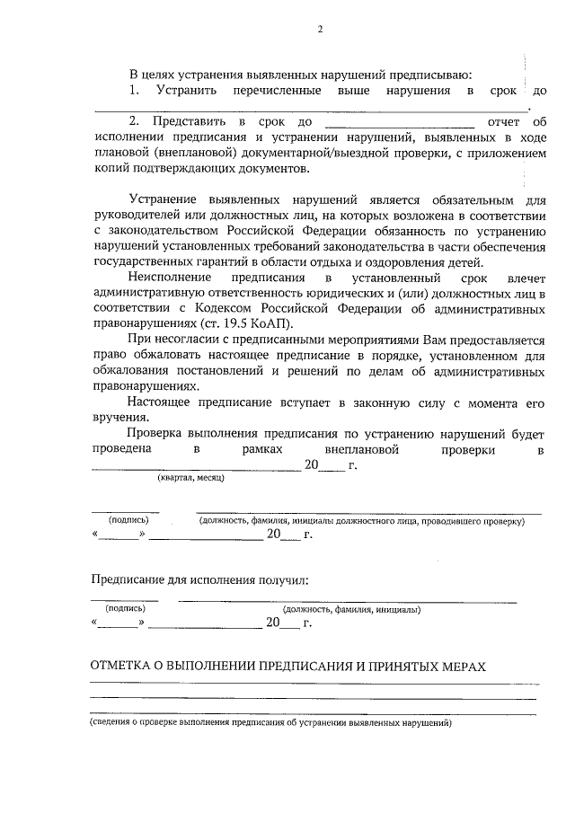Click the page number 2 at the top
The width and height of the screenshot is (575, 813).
tap(319, 30)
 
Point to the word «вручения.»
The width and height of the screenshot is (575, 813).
tap(118, 419)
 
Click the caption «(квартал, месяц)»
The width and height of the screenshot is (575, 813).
tap(190, 478)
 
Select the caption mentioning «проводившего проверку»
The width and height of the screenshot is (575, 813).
tap(360, 520)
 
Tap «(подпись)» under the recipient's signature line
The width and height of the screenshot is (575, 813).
tap(125, 608)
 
